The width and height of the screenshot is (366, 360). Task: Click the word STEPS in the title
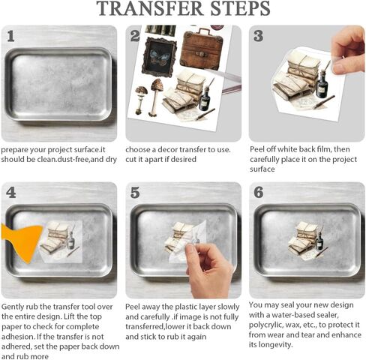(x=241, y=9)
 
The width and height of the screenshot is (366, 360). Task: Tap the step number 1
(x=10, y=37)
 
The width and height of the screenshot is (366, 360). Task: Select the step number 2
(x=135, y=37)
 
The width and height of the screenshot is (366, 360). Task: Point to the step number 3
(x=259, y=36)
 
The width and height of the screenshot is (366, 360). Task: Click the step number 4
(x=11, y=193)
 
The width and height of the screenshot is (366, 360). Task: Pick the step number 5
(x=135, y=193)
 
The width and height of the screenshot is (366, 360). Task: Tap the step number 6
(x=259, y=193)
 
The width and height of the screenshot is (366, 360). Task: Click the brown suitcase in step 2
(x=202, y=49)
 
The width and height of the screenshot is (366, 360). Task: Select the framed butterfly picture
(x=159, y=57)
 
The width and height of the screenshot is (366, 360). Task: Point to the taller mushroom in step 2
(x=156, y=97)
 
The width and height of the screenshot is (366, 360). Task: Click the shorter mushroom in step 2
(x=141, y=100)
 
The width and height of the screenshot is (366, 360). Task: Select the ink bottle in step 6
(x=319, y=241)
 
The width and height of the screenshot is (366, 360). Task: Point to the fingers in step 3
(x=348, y=50)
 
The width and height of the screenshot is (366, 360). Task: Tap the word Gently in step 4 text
(x=13, y=307)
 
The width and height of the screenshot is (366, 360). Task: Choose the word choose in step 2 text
(x=137, y=150)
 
